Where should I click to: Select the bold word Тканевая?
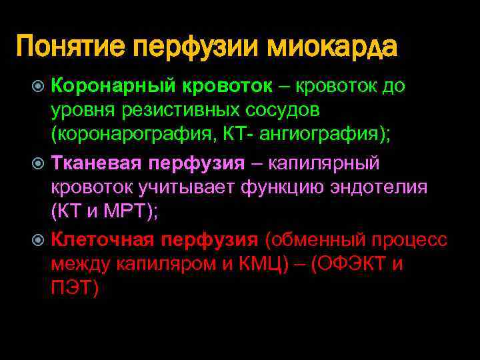click(96, 163)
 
